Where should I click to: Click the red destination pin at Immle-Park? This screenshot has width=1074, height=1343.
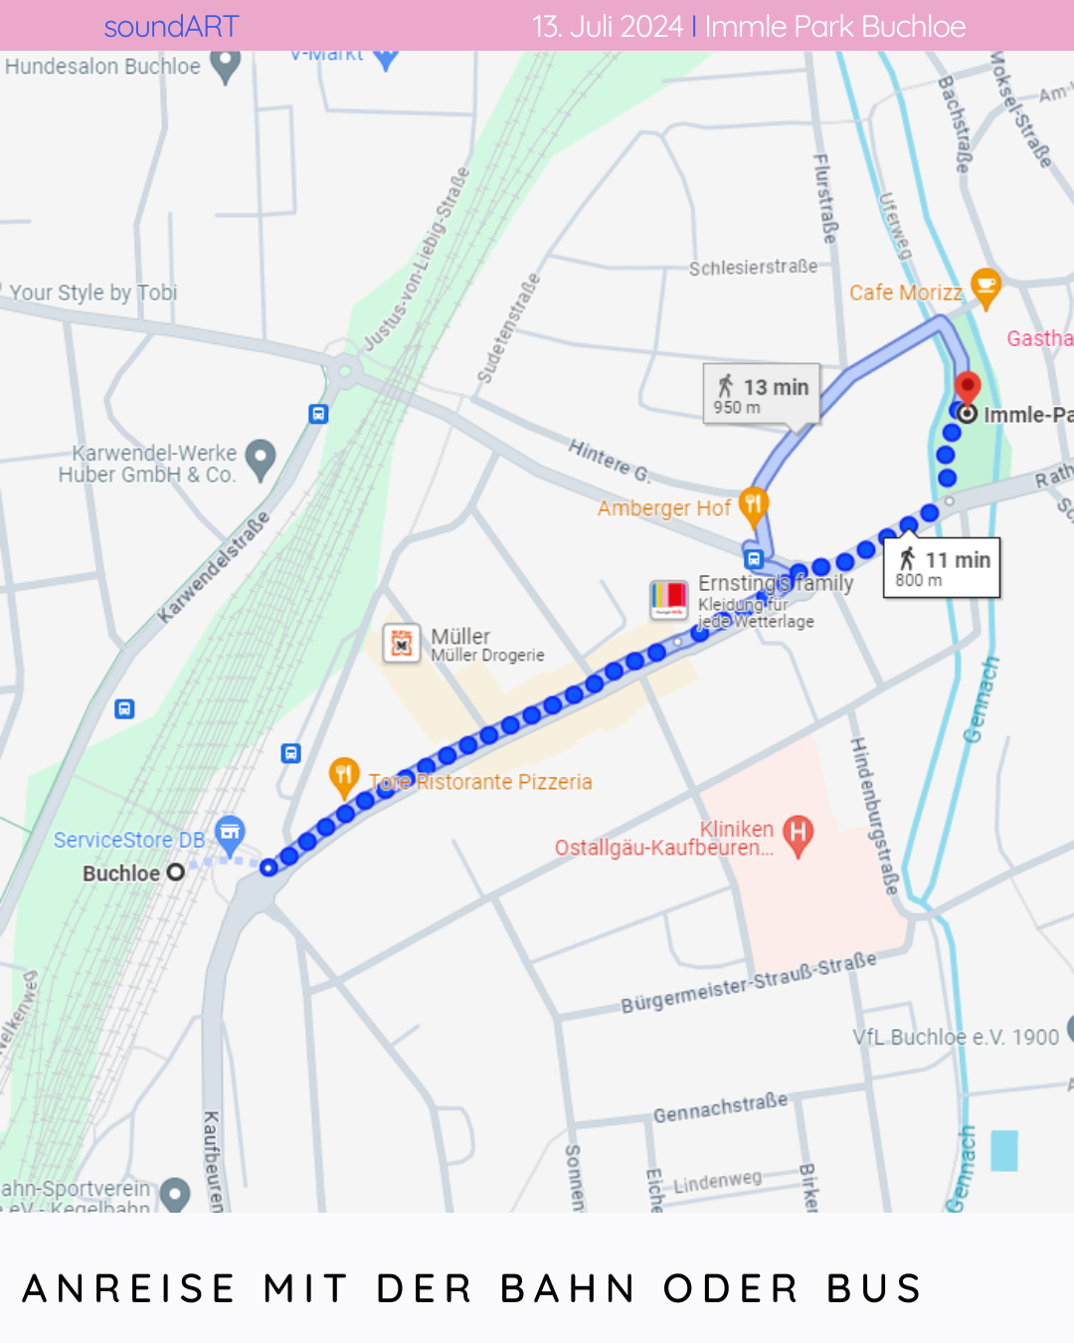coord(967,387)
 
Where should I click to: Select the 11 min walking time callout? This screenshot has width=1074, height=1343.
coord(942,568)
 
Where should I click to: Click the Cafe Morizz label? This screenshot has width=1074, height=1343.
coord(905,292)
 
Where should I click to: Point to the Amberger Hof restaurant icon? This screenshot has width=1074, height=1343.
coord(753,505)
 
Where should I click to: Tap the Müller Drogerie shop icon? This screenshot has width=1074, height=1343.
coord(401,644)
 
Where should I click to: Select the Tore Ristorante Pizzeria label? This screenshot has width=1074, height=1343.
coord(481,782)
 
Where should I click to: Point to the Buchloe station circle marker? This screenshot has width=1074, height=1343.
coord(176,872)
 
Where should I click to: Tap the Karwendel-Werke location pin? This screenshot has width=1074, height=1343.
coord(260,459)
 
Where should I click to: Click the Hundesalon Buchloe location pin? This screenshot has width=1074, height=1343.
coord(226,66)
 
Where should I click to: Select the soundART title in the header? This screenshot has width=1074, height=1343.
coord(171,27)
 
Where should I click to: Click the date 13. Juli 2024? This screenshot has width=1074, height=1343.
coord(607,27)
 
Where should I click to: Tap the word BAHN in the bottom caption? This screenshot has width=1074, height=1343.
coord(568,1288)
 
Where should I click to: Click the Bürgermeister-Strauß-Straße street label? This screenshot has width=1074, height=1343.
coord(749,982)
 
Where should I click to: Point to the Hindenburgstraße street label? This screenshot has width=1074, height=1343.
coord(873,816)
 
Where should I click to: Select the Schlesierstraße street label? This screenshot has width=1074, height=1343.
coord(753,268)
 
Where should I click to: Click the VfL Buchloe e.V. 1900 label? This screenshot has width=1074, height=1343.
coord(956,1037)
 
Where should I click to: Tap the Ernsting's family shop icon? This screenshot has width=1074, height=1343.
coord(668,599)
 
